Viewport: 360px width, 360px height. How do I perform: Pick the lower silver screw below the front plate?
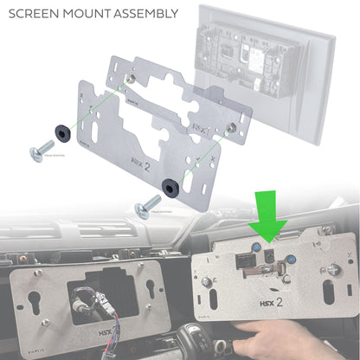(x=143, y=207)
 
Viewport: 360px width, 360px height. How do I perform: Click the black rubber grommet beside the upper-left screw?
(x=62, y=131)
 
